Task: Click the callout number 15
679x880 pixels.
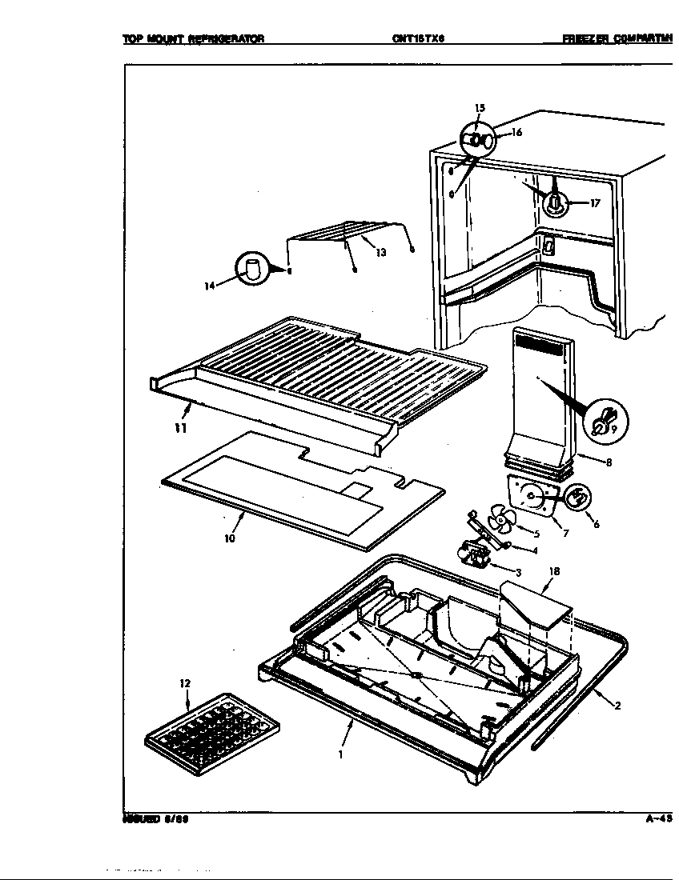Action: click(x=480, y=108)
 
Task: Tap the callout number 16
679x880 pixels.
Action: click(x=516, y=133)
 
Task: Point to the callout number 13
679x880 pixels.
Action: click(x=380, y=253)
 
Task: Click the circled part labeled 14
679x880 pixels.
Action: click(x=253, y=269)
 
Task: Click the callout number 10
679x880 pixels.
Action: click(x=229, y=538)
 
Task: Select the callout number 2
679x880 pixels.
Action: click(x=617, y=705)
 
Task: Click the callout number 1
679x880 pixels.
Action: click(x=340, y=753)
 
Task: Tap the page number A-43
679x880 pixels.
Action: click(x=659, y=818)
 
